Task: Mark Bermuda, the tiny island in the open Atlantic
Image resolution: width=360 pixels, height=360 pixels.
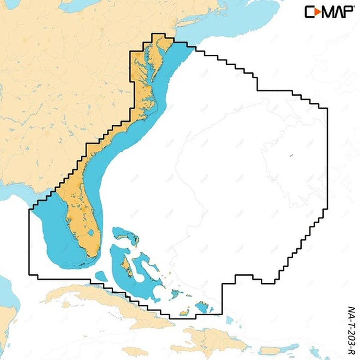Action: (x=291, y=155)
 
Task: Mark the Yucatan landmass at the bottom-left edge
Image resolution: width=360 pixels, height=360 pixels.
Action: (x=6, y=320)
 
